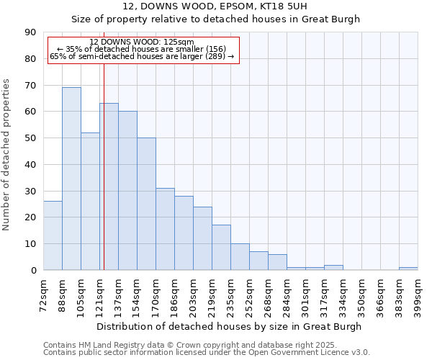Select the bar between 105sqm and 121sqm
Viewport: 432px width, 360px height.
pos(90,202)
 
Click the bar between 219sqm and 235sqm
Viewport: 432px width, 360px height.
pos(221,248)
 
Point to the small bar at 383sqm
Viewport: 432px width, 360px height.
pos(408,269)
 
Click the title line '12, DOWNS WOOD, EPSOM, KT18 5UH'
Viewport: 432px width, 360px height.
pos(215,6)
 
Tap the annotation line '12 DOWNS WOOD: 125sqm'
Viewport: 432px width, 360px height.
pos(142,42)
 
